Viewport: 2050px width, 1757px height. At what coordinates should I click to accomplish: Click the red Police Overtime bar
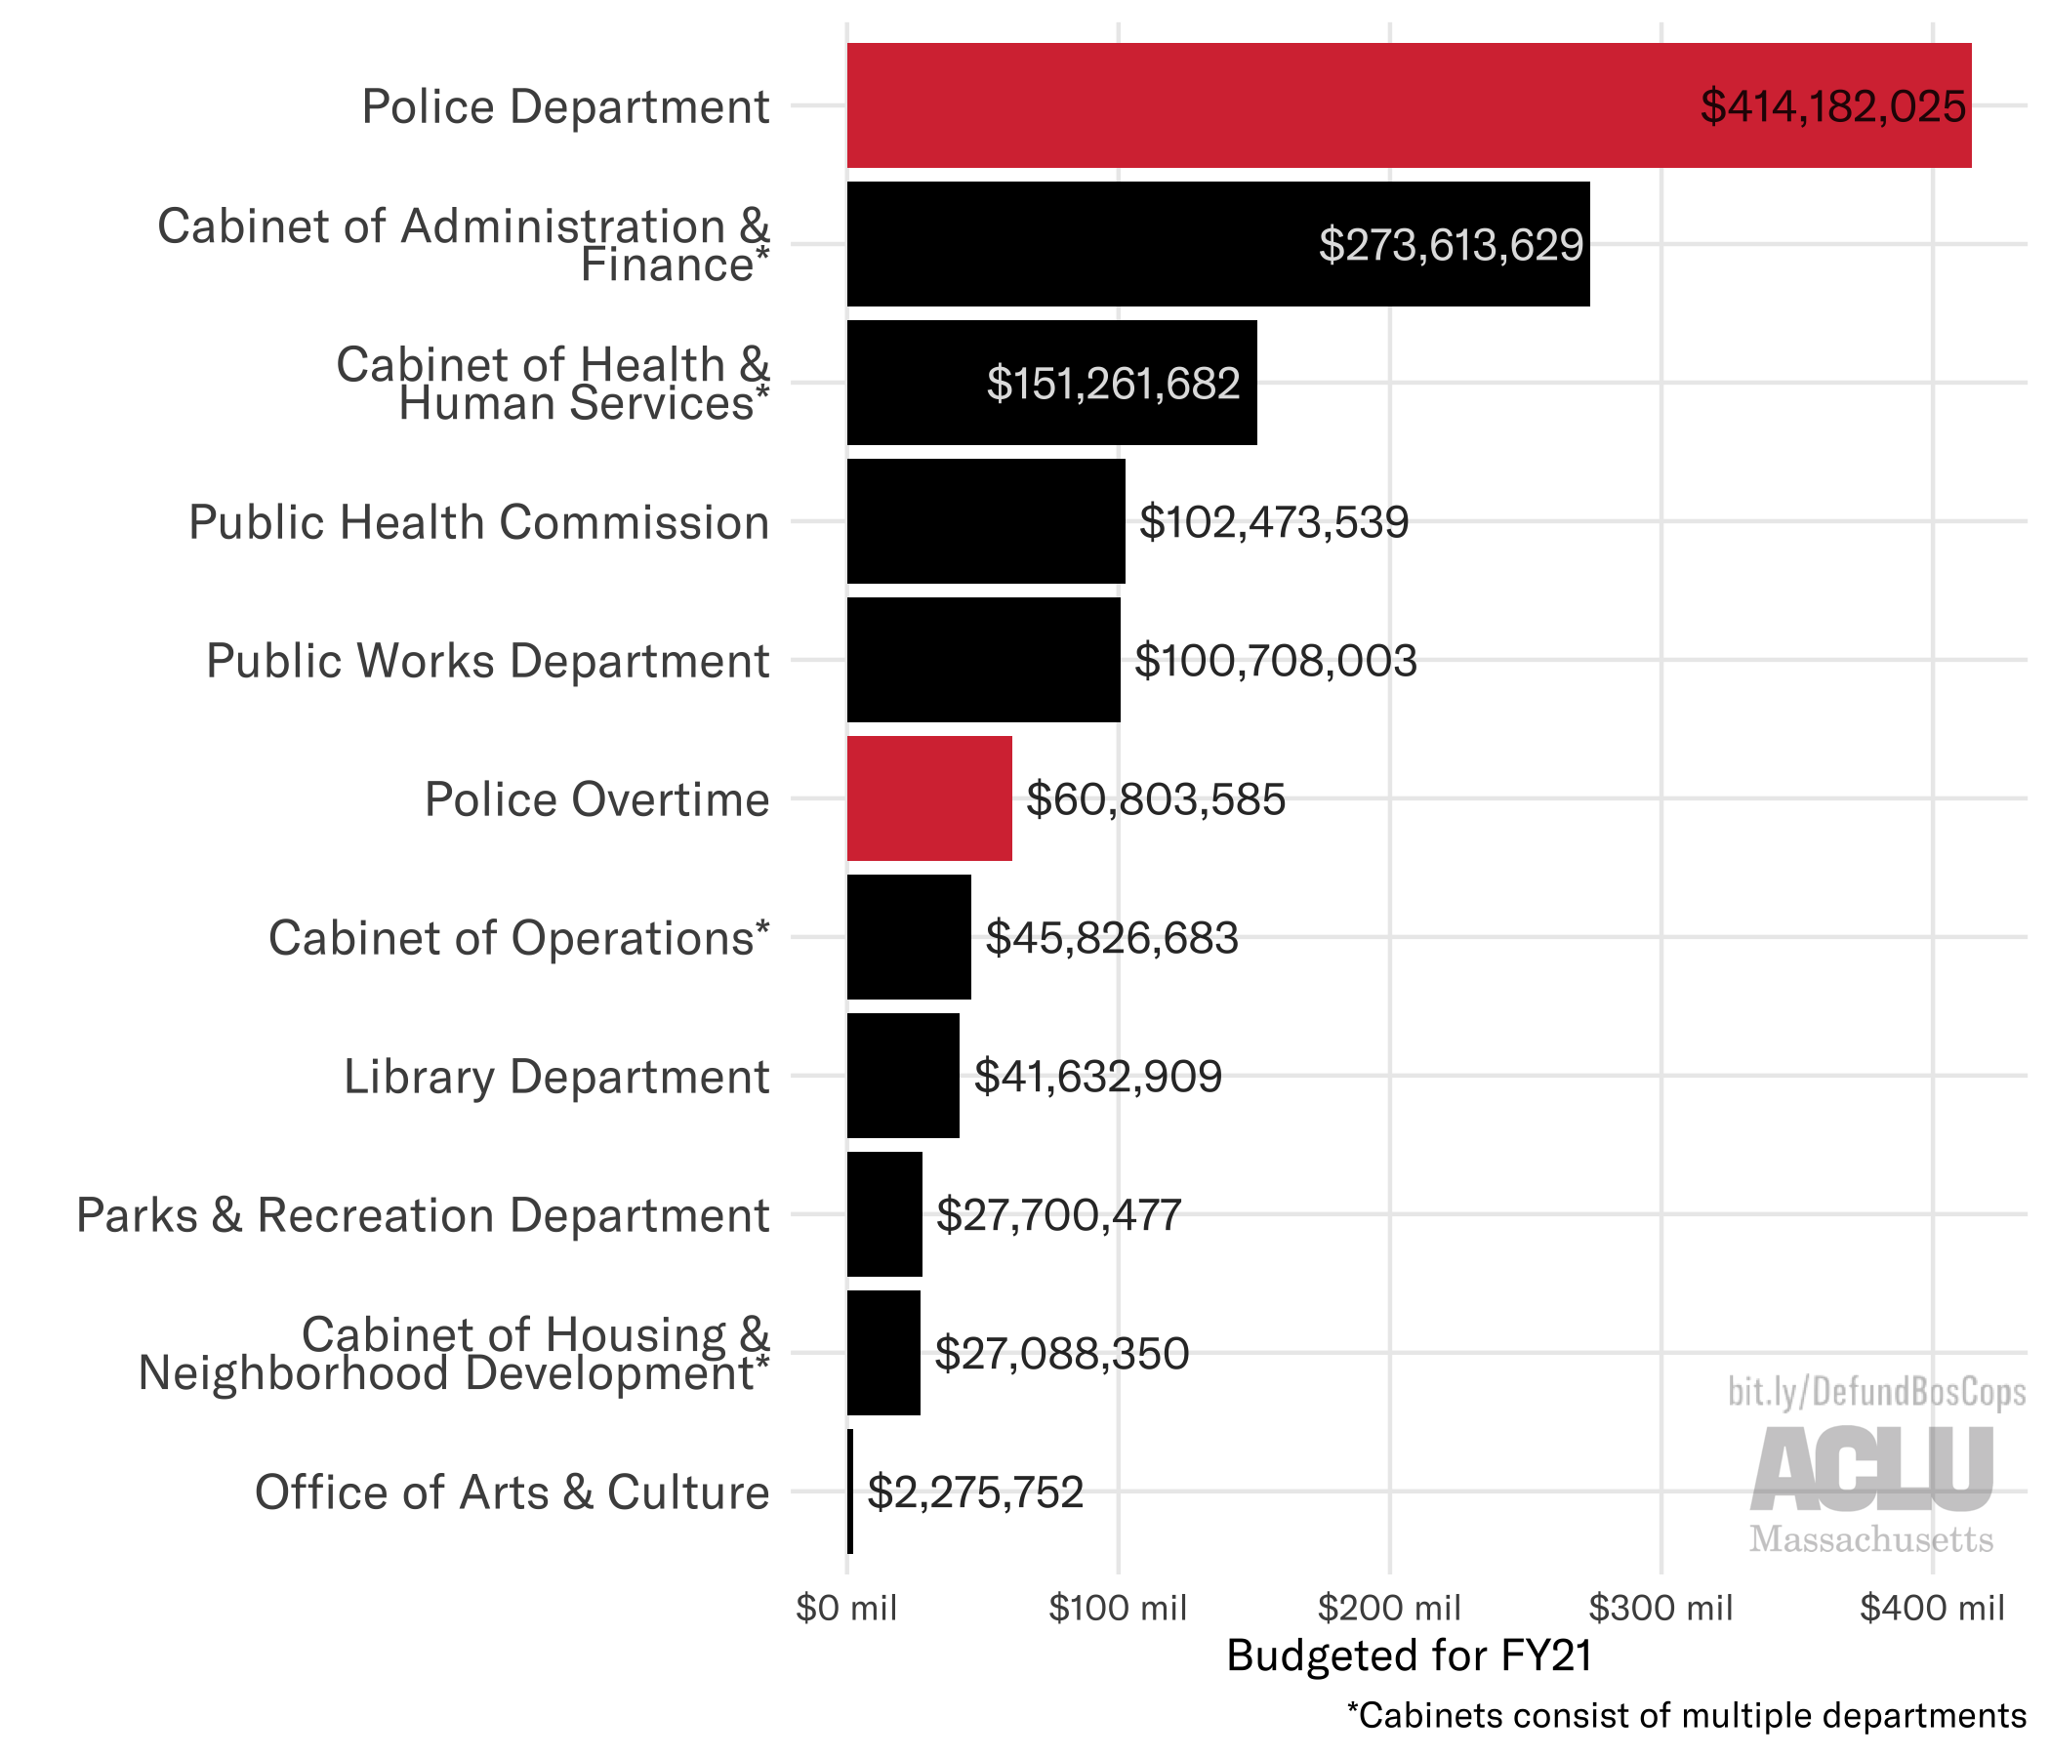coord(929,798)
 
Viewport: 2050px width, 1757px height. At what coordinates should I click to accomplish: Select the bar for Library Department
coord(902,1076)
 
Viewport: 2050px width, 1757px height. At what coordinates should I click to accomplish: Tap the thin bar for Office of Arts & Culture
coord(850,1491)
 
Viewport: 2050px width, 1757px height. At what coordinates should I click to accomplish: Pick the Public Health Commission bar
coord(985,521)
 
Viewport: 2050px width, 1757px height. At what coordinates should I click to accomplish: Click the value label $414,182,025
coord(1832,106)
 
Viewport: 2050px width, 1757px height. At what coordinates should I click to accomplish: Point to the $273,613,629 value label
coord(1451,245)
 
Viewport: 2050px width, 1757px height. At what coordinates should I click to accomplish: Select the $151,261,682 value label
coord(1113,384)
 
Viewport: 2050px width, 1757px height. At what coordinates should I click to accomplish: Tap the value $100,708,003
coord(1275,661)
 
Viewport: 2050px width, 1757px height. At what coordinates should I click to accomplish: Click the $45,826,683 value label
coord(1111,938)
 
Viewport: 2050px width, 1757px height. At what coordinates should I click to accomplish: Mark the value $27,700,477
coord(1058,1215)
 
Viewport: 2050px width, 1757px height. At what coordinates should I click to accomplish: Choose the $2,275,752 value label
coord(975,1491)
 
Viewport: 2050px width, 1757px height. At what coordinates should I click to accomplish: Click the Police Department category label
coord(565,106)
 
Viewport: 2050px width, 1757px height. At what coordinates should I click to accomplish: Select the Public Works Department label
coord(487,661)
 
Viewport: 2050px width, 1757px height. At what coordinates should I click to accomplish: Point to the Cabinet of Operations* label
coord(518,938)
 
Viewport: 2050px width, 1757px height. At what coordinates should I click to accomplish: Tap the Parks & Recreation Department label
coord(423,1215)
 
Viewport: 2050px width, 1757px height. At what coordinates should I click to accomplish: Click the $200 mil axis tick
coord(1389,1608)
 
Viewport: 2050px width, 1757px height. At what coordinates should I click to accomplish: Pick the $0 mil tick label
coord(846,1608)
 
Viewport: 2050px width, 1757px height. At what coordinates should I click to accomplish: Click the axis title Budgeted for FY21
coord(1409,1655)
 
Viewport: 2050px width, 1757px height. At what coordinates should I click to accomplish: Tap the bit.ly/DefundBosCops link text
coord(1876,1392)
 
